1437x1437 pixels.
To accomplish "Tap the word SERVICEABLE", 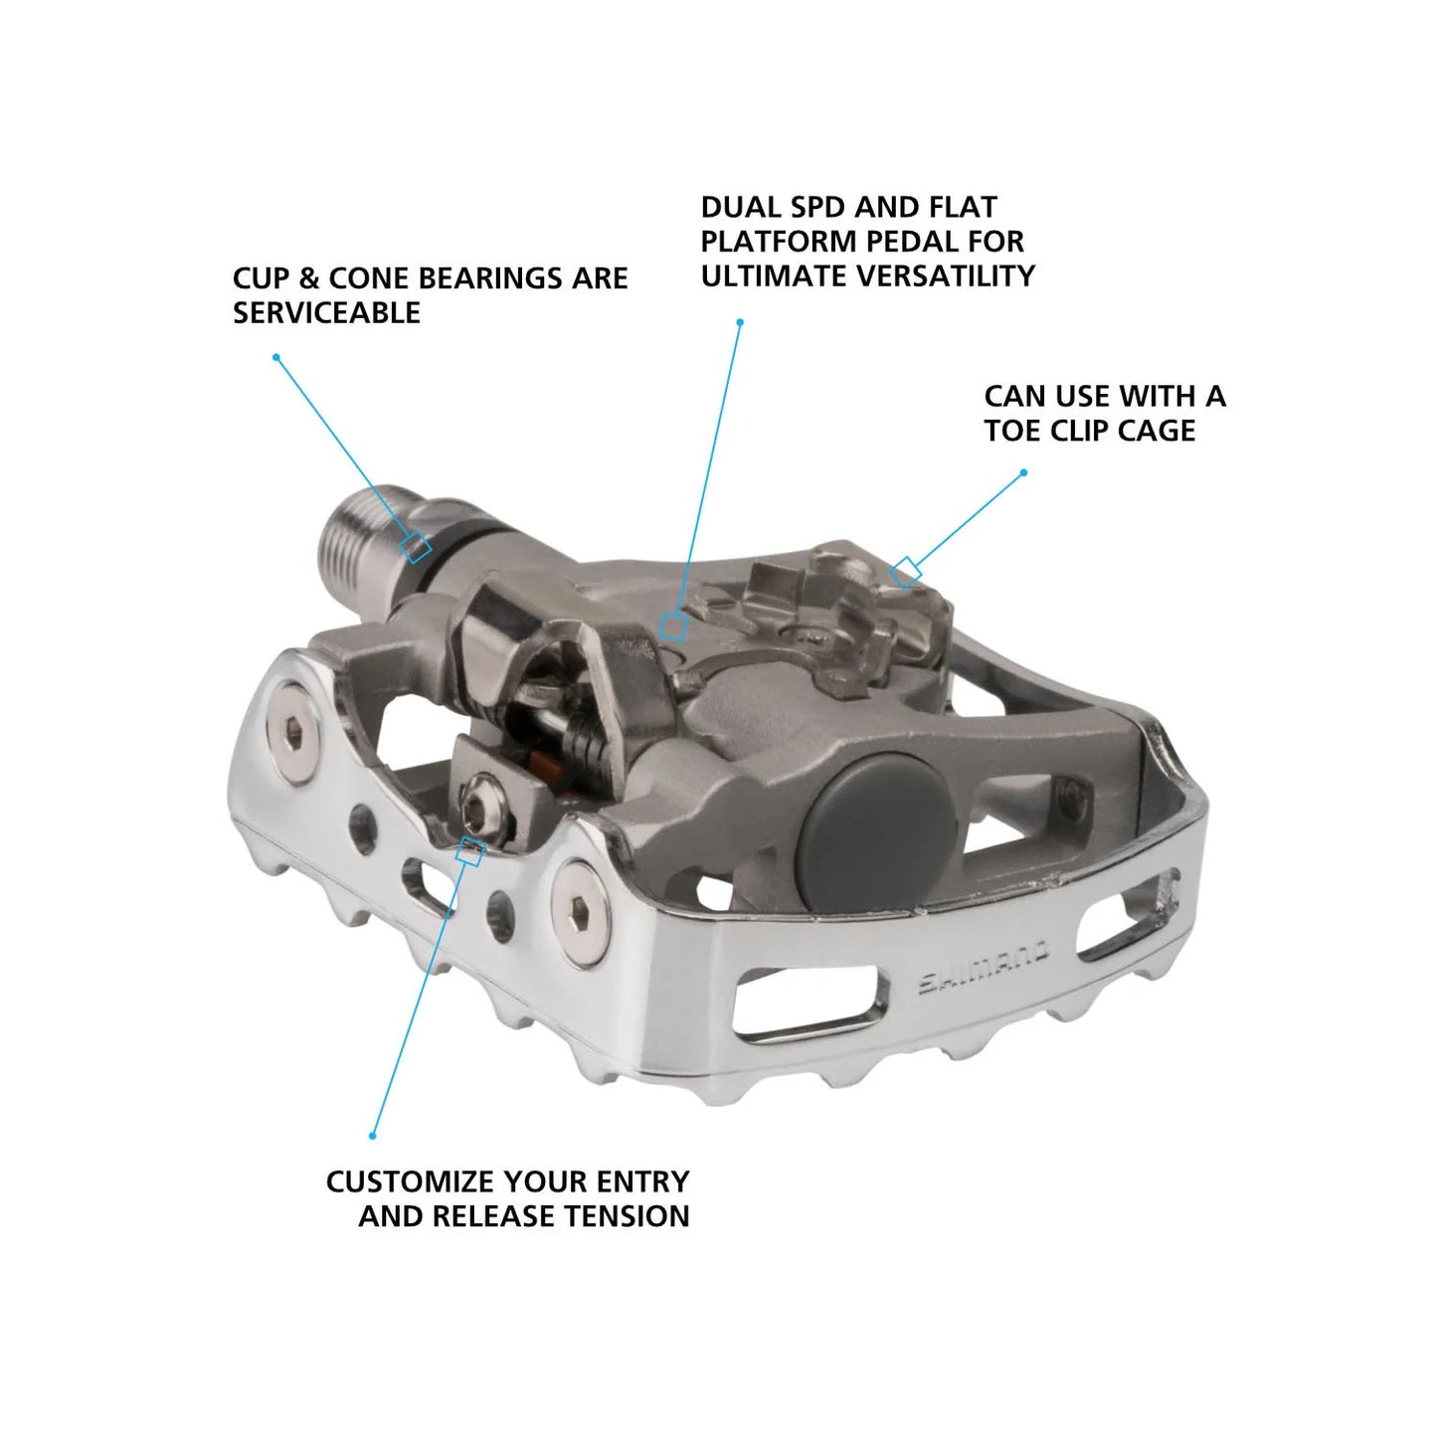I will click(326, 313).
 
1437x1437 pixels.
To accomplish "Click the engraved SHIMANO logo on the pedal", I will click(982, 969).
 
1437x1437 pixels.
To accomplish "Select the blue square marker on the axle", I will click(416, 546).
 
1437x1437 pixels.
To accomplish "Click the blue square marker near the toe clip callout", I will click(905, 573).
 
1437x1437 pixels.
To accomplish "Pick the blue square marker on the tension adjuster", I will click(470, 851).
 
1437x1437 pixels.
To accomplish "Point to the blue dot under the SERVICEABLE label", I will click(275, 357).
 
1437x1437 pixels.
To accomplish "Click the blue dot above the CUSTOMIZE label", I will click(373, 1136).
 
